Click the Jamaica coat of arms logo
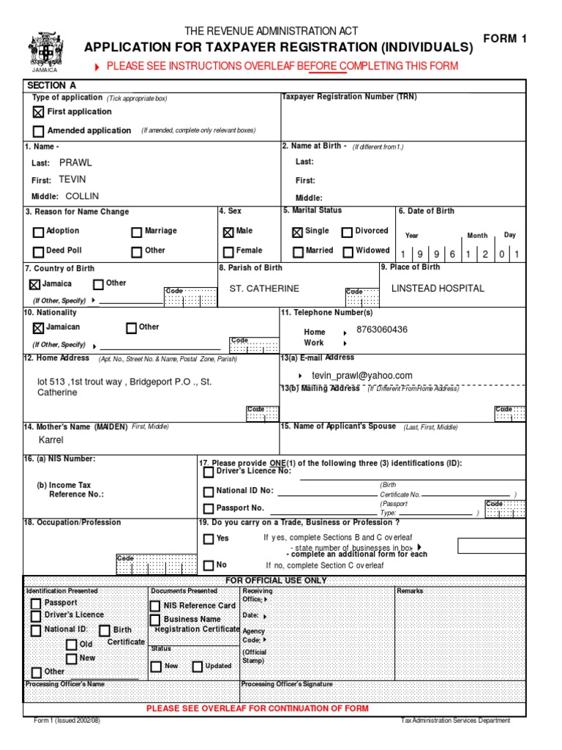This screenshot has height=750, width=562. point(46,51)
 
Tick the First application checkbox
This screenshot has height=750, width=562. point(38,113)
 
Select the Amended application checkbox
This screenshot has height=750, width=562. point(38,131)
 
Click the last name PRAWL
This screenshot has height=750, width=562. point(75,163)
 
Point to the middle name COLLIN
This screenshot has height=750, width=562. point(82,196)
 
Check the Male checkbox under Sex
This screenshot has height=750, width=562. point(228,232)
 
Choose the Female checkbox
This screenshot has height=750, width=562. point(228,251)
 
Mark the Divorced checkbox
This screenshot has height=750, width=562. point(347,232)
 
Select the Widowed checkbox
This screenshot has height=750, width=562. point(347,251)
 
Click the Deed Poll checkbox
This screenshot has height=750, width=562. point(38,251)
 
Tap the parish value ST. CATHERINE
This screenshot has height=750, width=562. point(264,289)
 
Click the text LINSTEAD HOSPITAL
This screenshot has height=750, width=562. point(438,288)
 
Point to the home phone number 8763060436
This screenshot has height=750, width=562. point(382,330)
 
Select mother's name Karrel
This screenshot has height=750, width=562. point(51,440)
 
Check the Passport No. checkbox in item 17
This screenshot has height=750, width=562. point(209,508)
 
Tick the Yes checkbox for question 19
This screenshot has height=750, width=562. point(209,539)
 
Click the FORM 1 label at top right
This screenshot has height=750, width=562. point(504,39)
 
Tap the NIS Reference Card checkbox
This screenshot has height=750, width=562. point(155,606)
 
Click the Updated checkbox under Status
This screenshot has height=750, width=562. point(198,667)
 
